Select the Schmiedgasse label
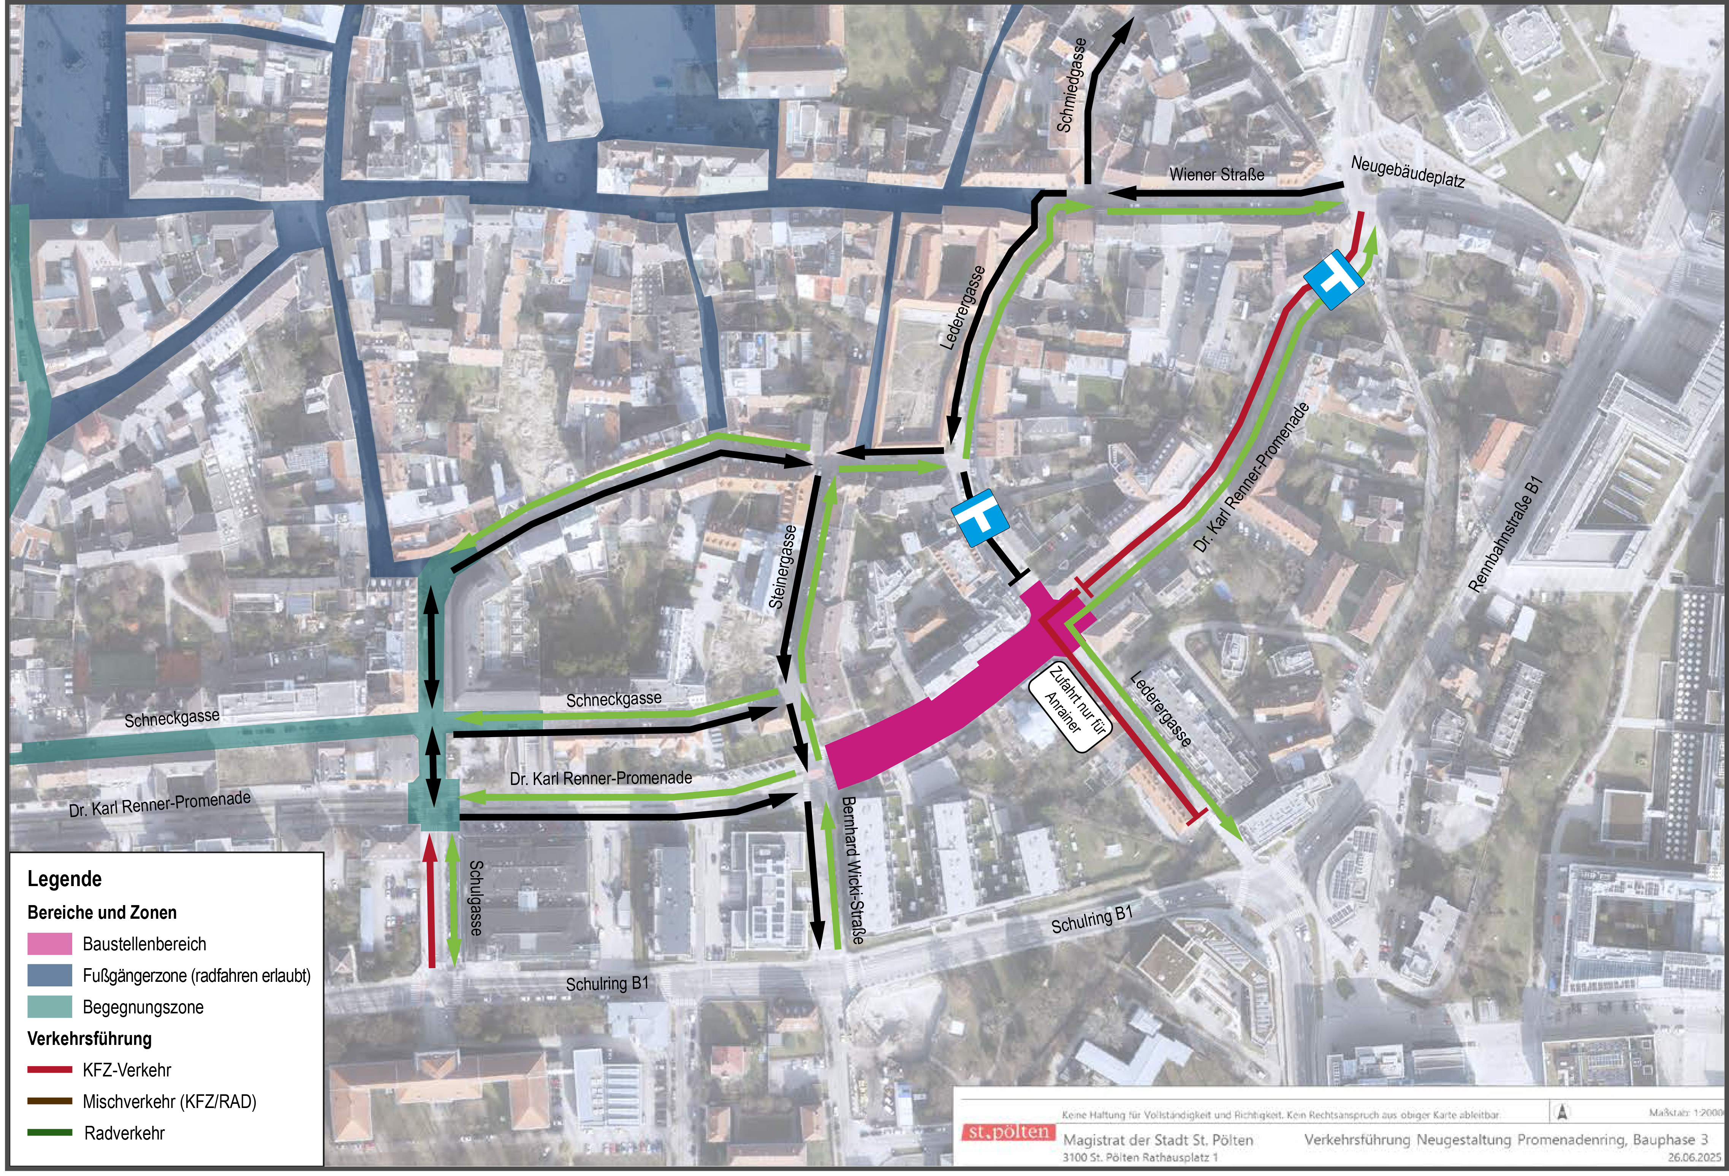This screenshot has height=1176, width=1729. [1072, 85]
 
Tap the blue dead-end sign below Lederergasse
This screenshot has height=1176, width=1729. [980, 517]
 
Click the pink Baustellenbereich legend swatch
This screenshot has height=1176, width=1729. [50, 944]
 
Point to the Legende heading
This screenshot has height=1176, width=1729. [65, 879]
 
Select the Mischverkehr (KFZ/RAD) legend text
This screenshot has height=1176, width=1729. [169, 1102]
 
